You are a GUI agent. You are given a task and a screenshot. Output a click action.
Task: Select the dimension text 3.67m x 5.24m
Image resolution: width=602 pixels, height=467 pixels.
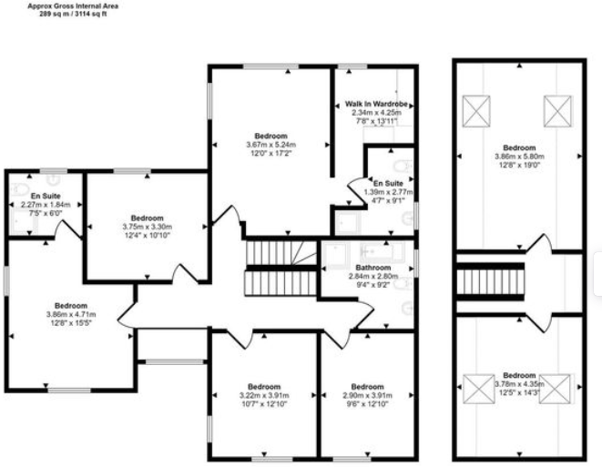(x=270, y=144)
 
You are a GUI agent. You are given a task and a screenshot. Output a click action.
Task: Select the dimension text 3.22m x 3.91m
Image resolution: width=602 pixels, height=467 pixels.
(x=263, y=394)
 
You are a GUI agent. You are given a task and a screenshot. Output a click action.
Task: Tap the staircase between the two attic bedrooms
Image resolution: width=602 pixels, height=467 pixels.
(x=491, y=281)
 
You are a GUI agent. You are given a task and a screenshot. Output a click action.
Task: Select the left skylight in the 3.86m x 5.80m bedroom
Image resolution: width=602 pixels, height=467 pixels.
(x=477, y=112)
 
